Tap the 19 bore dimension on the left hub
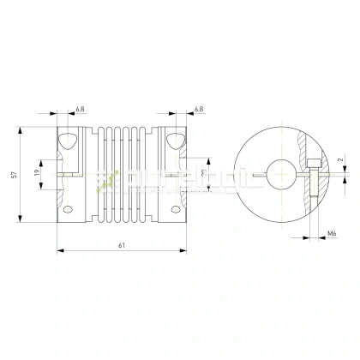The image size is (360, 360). [x=37, y=172]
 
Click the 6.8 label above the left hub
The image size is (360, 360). [x=80, y=110]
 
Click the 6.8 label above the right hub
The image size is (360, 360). [x=198, y=110]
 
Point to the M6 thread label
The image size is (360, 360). [x=332, y=232]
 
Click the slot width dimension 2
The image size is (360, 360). [x=339, y=160]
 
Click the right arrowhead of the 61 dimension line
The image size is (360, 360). [x=182, y=251]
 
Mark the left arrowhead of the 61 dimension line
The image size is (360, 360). [x=59, y=251]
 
